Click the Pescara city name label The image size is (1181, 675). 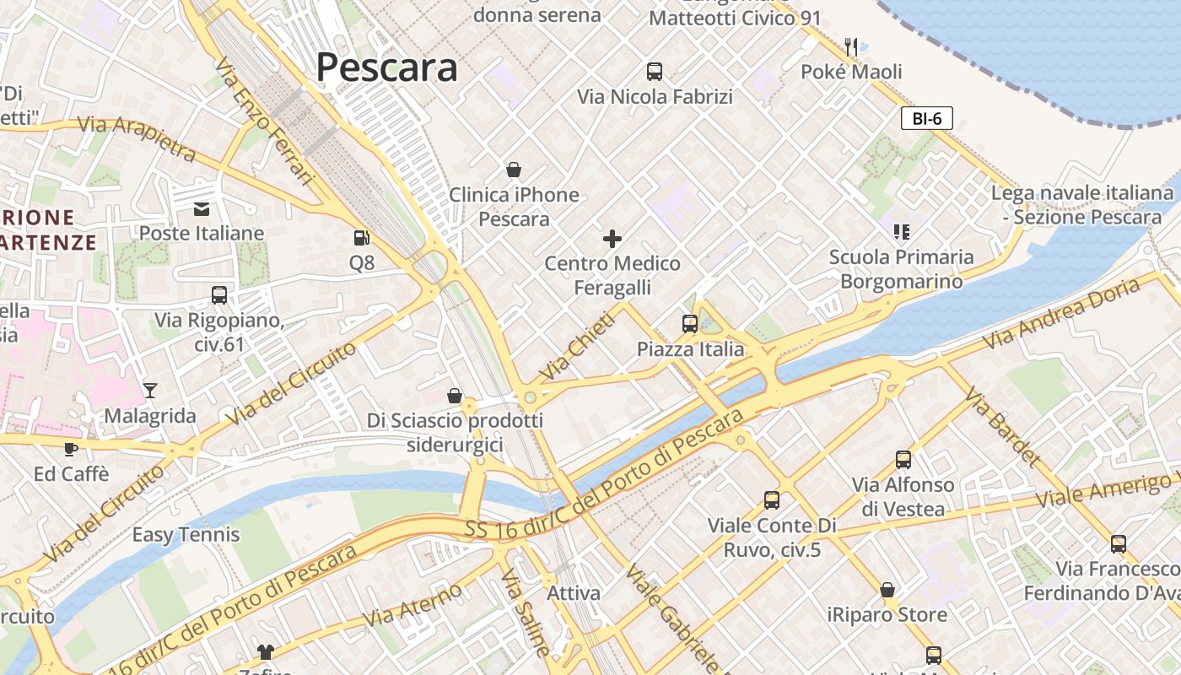(x=386, y=67)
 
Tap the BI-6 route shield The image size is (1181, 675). (x=926, y=118)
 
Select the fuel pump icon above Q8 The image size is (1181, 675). (x=362, y=239)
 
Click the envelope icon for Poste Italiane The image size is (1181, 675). (x=202, y=208)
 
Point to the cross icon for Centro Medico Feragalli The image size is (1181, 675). (x=612, y=239)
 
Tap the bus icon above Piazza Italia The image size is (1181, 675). (x=690, y=323)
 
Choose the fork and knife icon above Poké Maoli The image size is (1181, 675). (x=851, y=46)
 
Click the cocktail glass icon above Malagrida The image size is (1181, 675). (x=150, y=390)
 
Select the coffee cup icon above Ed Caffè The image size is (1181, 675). (x=71, y=448)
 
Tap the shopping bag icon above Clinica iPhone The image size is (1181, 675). (x=513, y=170)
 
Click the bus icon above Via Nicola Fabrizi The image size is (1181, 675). (x=655, y=72)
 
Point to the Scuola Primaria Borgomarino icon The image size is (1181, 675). (x=901, y=231)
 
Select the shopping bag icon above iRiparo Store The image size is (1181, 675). (x=887, y=590)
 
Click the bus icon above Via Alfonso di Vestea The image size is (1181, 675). (x=903, y=460)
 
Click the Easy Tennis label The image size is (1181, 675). (x=186, y=535)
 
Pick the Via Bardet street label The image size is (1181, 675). (x=1001, y=427)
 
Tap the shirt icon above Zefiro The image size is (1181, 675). (x=266, y=651)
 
